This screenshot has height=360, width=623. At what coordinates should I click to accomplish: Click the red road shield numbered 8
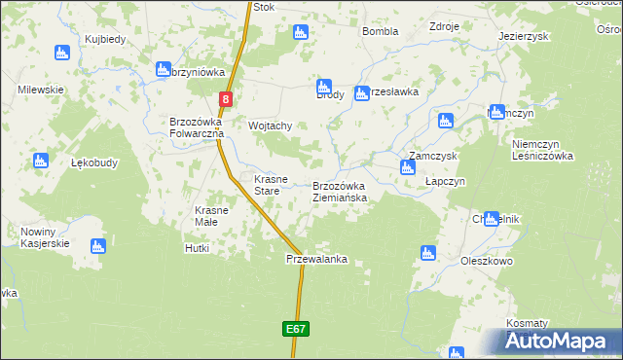click(x=226, y=99)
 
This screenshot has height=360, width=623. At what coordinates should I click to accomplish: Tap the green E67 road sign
click(x=298, y=330)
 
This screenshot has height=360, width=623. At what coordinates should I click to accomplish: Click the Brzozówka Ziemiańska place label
click(x=340, y=192)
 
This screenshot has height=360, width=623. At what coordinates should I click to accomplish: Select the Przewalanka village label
click(x=316, y=260)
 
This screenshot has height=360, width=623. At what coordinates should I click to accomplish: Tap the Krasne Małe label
click(x=211, y=216)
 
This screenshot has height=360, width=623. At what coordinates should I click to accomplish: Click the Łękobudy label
click(x=94, y=162)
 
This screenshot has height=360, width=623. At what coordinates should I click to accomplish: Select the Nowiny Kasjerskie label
click(x=45, y=237)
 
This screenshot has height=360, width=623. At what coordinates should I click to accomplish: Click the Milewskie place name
click(x=41, y=89)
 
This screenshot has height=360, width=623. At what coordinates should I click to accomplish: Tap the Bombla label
click(x=381, y=31)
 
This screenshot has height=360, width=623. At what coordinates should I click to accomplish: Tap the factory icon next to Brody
click(x=324, y=86)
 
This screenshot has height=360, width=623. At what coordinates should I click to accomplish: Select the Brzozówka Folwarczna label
click(x=198, y=127)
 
